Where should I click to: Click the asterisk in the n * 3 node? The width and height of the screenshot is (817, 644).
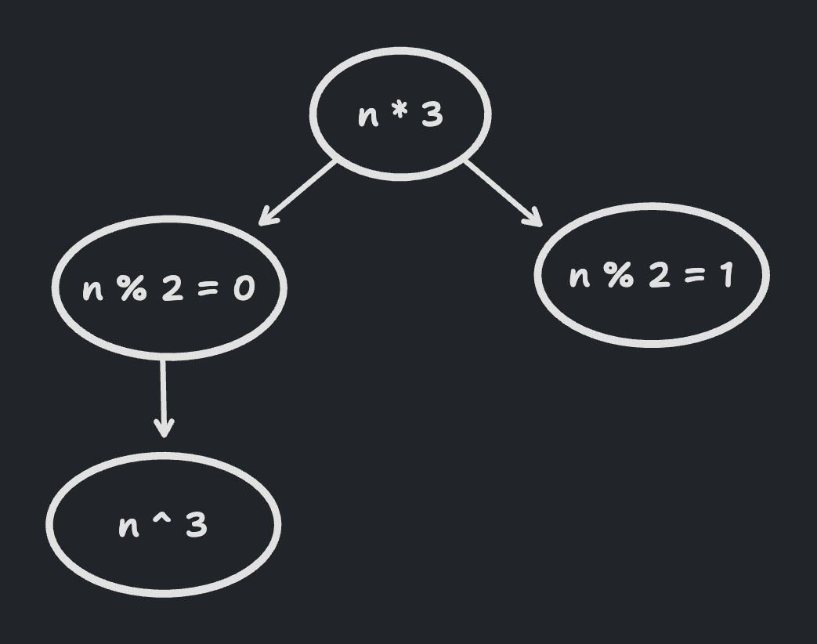(400, 113)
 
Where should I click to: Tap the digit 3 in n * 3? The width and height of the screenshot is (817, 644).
(432, 115)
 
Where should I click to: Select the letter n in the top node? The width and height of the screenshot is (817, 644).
(367, 117)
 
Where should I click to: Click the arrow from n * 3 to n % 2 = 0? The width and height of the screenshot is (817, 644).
(299, 192)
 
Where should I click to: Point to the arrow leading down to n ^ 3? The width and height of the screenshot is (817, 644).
(164, 396)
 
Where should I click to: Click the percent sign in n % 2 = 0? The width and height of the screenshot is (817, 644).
(132, 288)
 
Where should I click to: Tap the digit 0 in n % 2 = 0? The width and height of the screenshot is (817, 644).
(244, 289)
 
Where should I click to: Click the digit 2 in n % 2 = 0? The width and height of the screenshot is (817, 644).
(172, 288)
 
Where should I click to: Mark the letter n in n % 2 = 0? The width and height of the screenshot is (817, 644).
(92, 290)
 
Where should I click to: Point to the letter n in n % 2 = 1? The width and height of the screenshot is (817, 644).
(579, 277)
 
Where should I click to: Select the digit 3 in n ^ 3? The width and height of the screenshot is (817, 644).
(197, 525)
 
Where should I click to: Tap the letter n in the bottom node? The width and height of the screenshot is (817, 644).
(128, 526)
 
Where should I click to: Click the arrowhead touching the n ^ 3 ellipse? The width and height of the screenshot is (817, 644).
(164, 429)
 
